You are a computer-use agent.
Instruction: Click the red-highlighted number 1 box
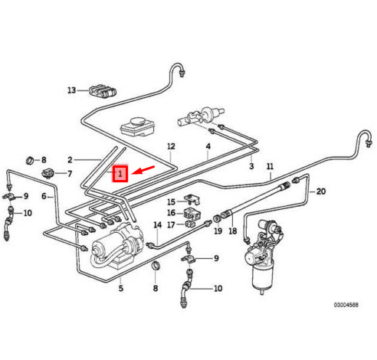(x=120, y=174)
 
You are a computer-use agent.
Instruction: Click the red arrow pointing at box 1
(x=143, y=170)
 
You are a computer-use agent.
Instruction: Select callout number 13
(x=72, y=90)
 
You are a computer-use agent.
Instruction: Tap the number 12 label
(x=171, y=146)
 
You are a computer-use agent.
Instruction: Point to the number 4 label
(x=208, y=146)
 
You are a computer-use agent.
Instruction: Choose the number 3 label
(x=251, y=166)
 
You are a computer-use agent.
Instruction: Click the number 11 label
(x=270, y=166)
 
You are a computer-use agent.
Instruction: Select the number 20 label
(x=321, y=191)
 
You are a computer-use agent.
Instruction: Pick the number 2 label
(x=70, y=160)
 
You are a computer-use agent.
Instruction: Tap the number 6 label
(x=44, y=196)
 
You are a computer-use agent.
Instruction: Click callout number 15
(x=172, y=201)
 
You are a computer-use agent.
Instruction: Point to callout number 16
(x=172, y=213)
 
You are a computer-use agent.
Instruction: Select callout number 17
(x=172, y=224)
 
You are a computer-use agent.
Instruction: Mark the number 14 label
(x=158, y=225)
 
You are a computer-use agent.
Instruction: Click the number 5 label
(x=121, y=288)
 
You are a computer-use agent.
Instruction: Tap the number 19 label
(x=218, y=231)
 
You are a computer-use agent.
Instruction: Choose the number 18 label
(x=233, y=231)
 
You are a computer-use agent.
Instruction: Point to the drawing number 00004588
(x=346, y=305)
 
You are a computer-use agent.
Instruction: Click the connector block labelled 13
(x=103, y=91)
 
